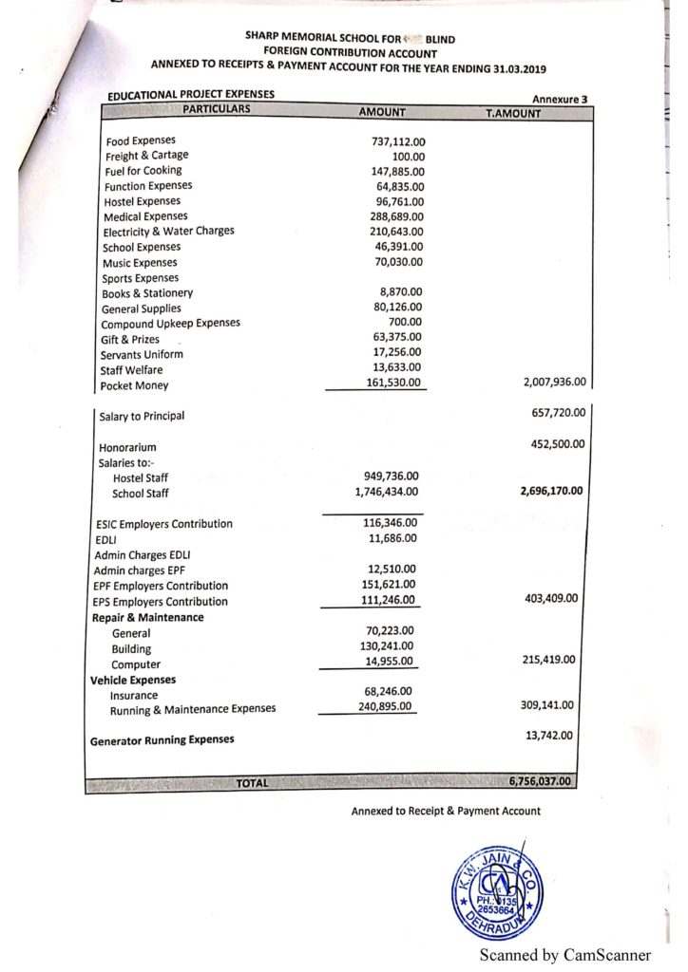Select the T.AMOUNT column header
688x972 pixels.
[512, 113]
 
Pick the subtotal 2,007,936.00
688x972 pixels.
[555, 383]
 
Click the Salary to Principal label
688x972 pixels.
[142, 416]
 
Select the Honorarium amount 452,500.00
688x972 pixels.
[555, 443]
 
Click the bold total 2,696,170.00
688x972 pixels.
[552, 492]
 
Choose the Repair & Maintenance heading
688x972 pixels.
[147, 618]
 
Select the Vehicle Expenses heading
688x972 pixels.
[133, 681]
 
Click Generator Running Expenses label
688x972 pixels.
[162, 739]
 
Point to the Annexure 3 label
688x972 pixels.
[559, 99]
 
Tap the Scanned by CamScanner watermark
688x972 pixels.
[564, 954]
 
